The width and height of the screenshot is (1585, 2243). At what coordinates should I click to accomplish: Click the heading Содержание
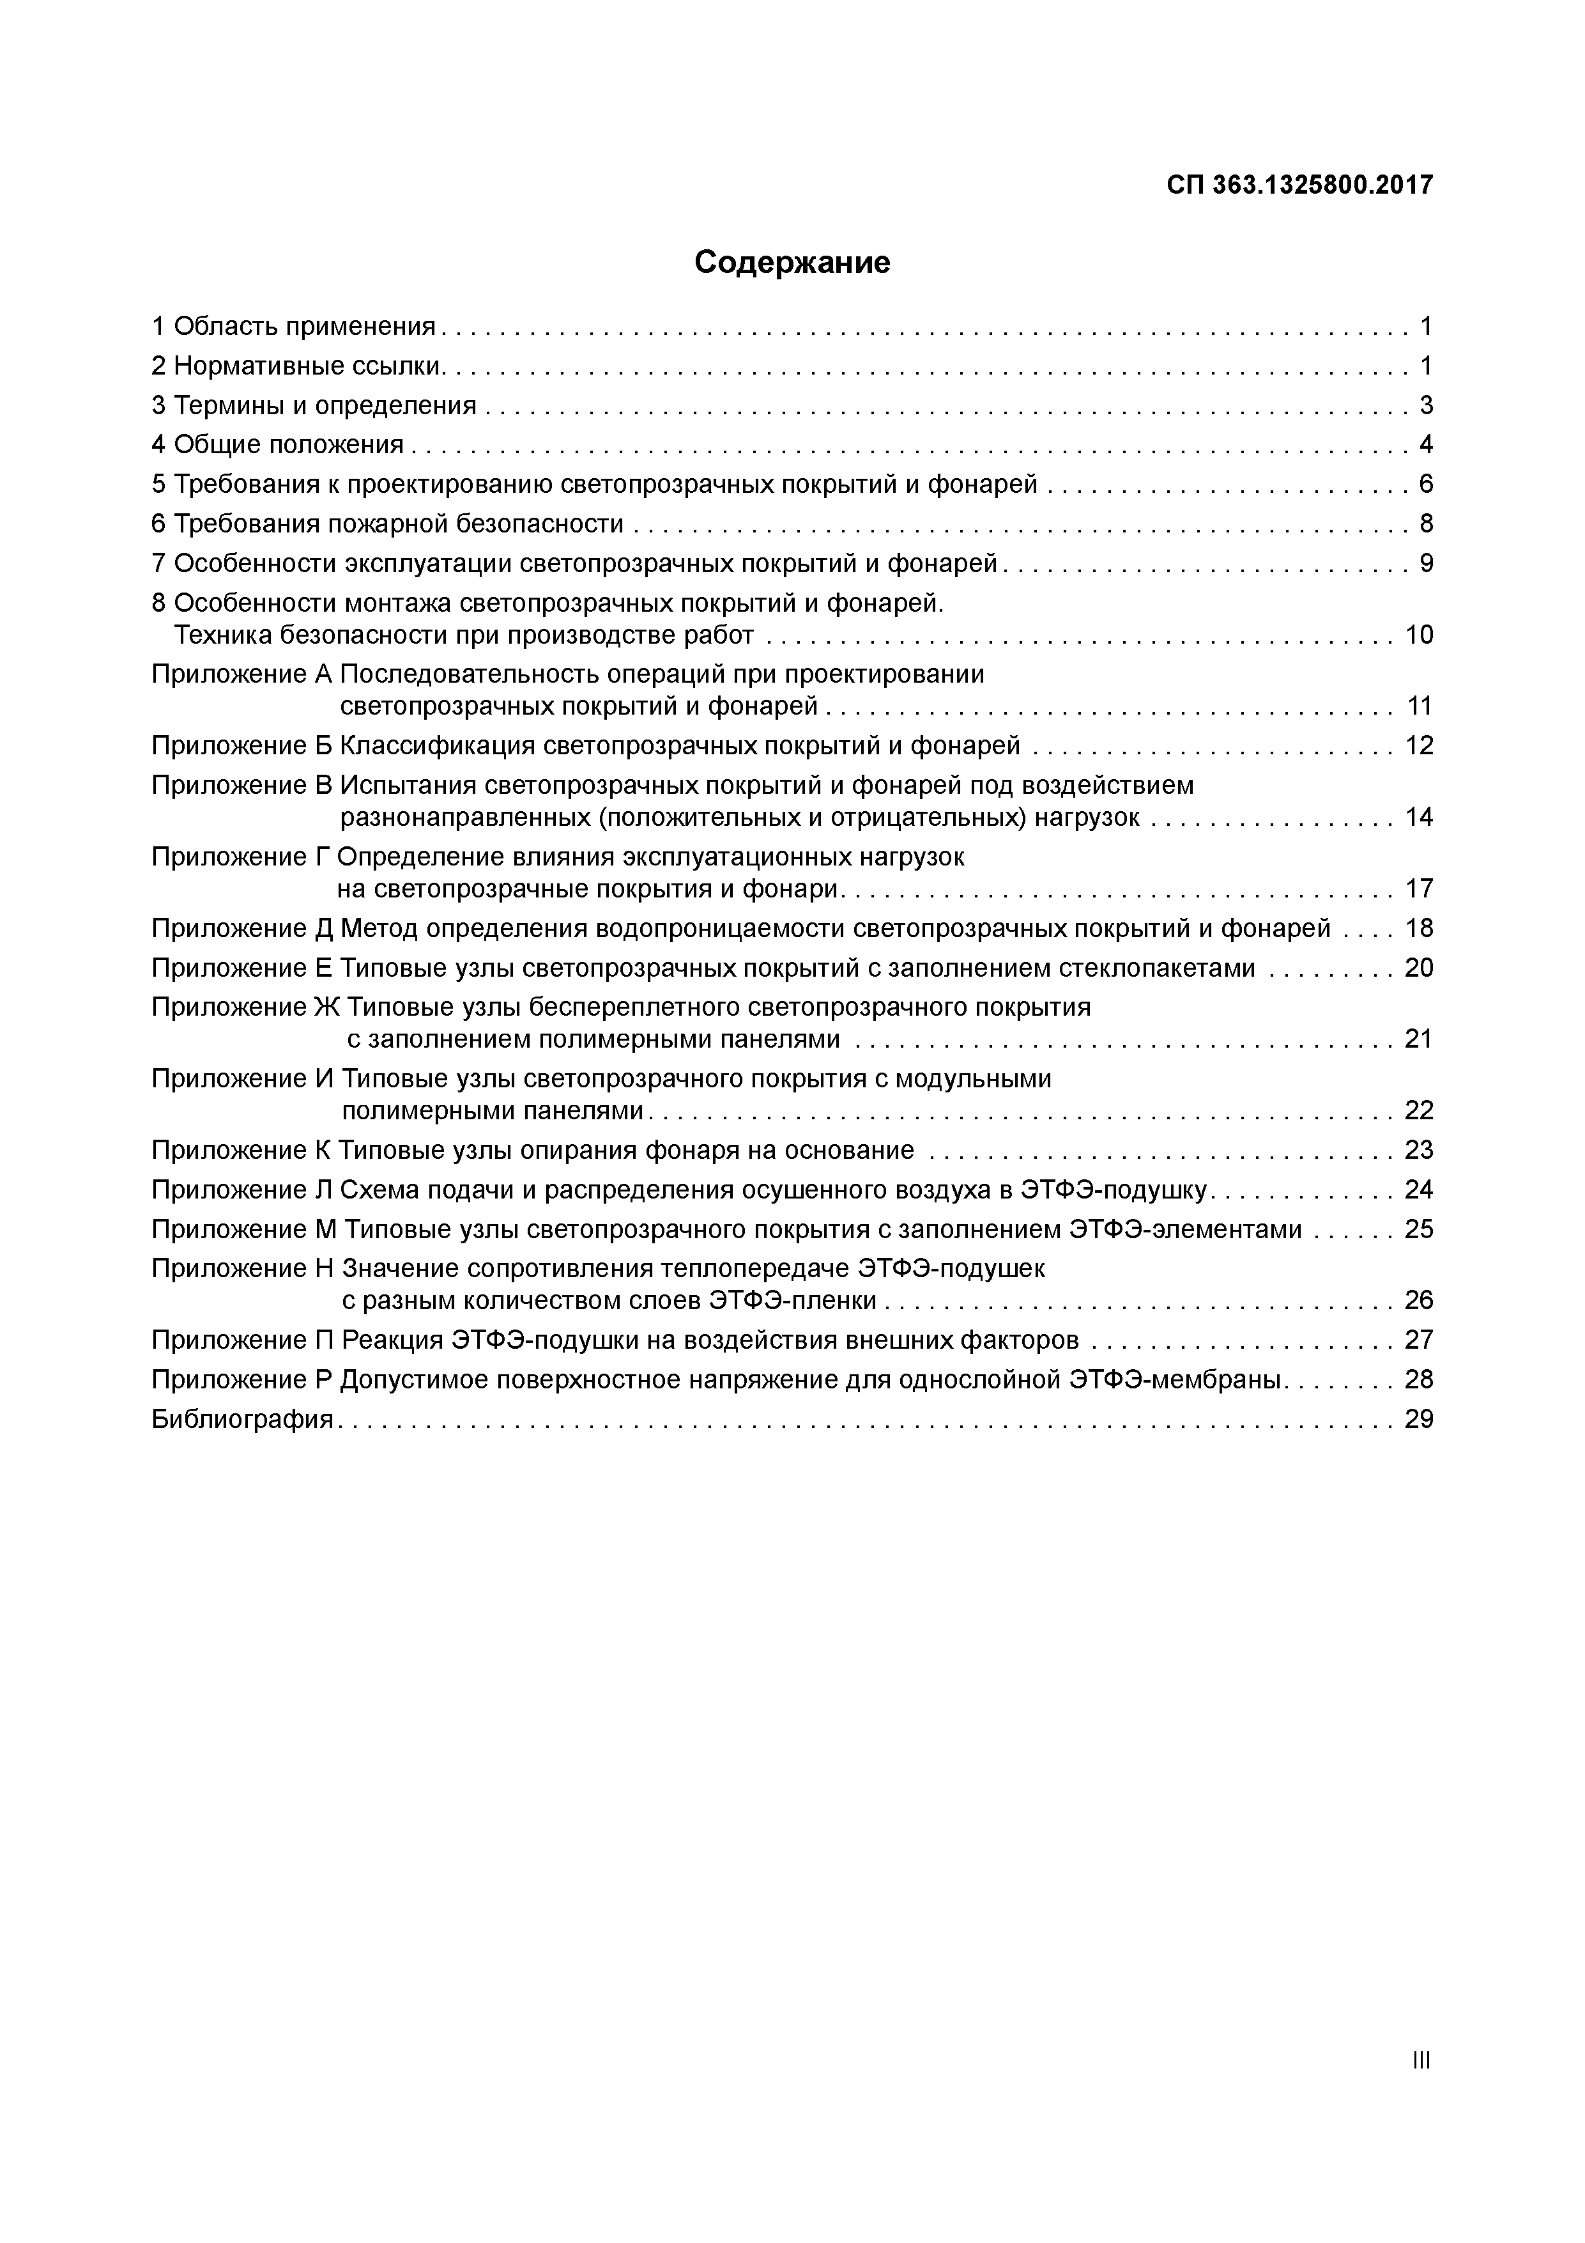(792, 263)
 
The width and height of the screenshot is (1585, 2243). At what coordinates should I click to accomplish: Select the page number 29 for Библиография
(1418, 1420)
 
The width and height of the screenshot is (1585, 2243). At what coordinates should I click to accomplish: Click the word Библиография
(242, 1420)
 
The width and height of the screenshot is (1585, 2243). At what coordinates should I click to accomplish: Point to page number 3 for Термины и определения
(1426, 405)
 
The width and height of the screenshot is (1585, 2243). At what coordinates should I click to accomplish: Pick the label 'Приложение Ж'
(245, 1007)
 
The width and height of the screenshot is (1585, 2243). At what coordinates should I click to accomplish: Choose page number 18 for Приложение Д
(1418, 928)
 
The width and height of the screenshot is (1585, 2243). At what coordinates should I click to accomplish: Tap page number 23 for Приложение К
(1418, 1150)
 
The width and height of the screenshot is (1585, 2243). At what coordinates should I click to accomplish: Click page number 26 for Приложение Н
(1418, 1300)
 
